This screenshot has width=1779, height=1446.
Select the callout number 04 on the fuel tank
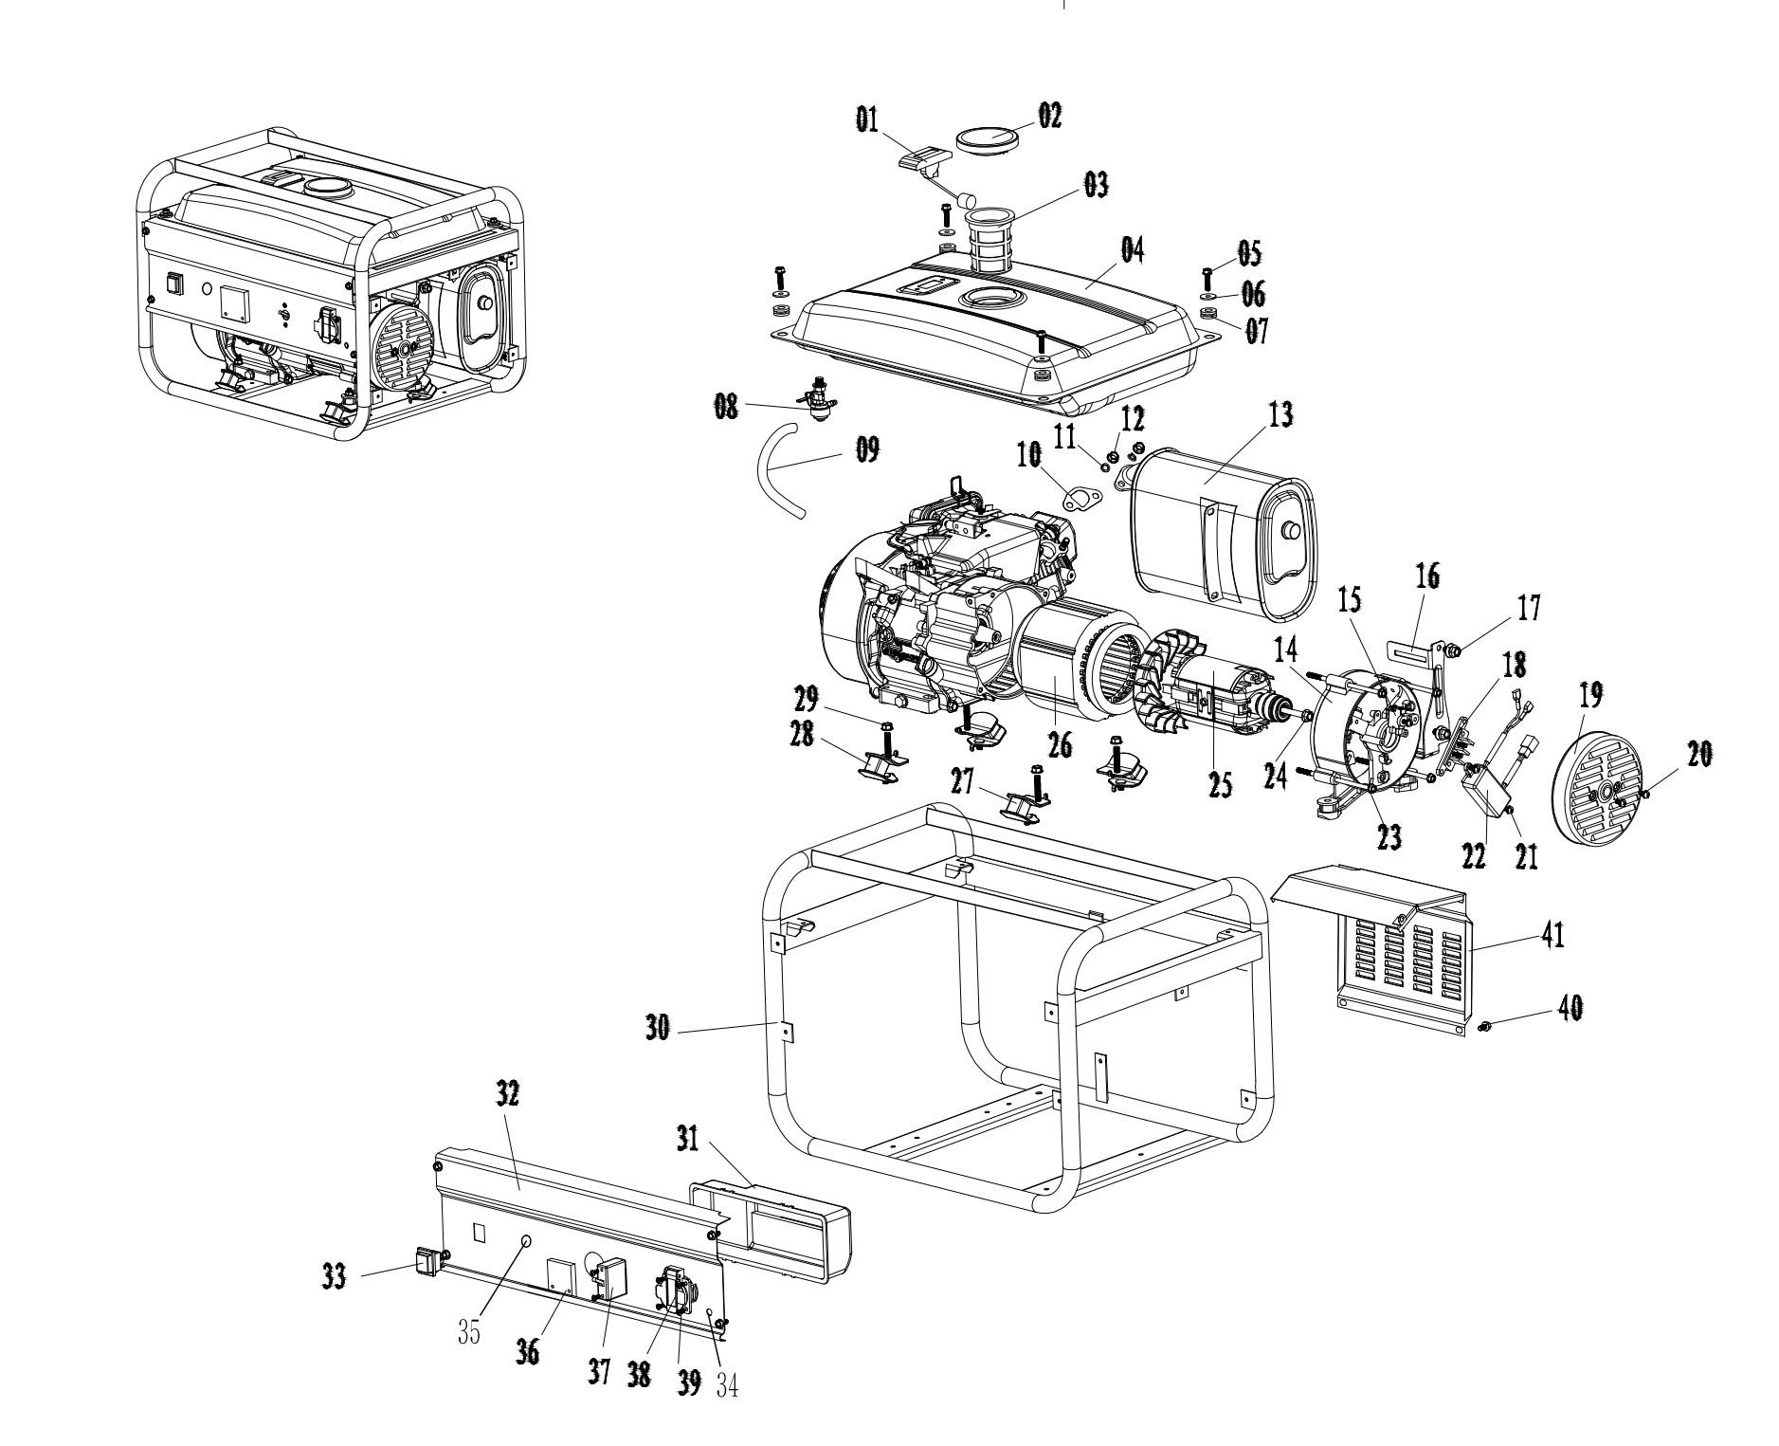[1133, 250]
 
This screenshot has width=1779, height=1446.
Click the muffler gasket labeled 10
[1074, 501]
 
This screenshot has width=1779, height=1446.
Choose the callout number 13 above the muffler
[1280, 416]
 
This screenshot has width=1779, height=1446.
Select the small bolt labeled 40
[1485, 1025]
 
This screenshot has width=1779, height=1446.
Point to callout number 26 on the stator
[1060, 745]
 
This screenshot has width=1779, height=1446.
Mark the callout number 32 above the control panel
[508, 1094]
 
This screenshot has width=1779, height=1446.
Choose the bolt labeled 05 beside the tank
[1207, 279]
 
